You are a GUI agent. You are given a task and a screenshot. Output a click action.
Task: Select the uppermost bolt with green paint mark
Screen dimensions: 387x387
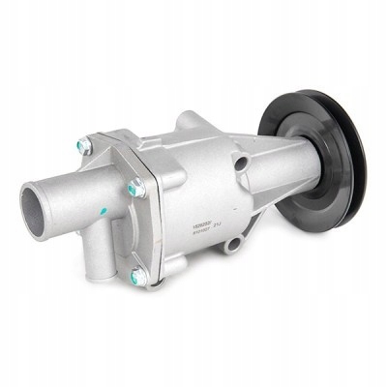[85, 147]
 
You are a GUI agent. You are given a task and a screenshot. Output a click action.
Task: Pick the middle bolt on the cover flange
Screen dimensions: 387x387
[135, 189]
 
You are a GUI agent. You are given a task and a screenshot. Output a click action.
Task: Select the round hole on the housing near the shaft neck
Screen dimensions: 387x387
[239, 163]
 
